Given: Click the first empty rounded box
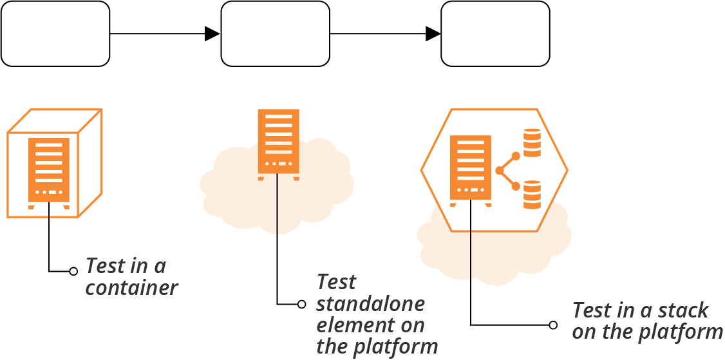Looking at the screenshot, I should point(55,33).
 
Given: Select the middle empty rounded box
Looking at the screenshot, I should point(276,33).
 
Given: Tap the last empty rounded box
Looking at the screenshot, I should point(495,33).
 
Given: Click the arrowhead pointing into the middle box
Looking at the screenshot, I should point(212,33).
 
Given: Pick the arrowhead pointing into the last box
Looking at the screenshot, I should point(433,33).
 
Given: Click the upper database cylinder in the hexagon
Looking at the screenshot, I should point(532,142).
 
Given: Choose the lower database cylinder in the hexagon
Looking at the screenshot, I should point(532,194).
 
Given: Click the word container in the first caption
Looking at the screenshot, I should point(131,288).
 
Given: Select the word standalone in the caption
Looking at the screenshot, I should point(371,303).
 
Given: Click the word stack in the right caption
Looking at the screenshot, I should point(684,310).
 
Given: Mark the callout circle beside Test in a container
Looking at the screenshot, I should point(73,272).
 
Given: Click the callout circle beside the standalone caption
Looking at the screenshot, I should point(301,305).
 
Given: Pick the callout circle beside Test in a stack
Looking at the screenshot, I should point(553,325).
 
